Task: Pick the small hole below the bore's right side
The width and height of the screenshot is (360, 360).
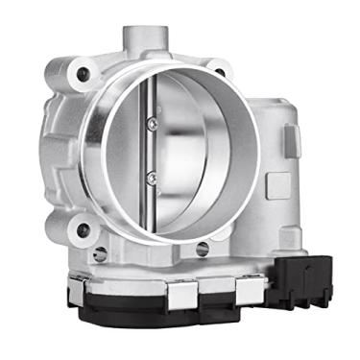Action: (x=203, y=249)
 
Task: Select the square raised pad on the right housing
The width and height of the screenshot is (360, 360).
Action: (x=274, y=182)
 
